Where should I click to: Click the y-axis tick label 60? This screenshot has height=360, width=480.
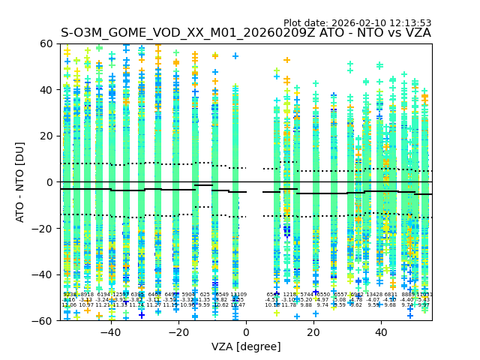pyautogui.click(x=47, y=43)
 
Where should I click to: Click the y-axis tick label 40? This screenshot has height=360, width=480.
pyautogui.click(x=47, y=90)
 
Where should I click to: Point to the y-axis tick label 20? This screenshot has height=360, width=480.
pyautogui.click(x=47, y=136)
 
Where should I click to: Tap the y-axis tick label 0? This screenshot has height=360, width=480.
pyautogui.click(x=50, y=182)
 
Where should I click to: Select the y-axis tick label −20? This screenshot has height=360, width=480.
pyautogui.click(x=44, y=228)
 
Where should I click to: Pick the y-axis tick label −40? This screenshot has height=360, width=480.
pyautogui.click(x=44, y=274)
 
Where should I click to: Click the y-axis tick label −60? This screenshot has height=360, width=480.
pyautogui.click(x=44, y=320)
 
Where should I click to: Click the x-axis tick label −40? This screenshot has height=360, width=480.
pyautogui.click(x=110, y=332)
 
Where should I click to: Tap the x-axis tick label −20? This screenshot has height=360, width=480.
pyautogui.click(x=178, y=332)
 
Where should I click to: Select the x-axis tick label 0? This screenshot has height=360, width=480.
pyautogui.click(x=246, y=332)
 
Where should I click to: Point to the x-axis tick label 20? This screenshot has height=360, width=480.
pyautogui.click(x=313, y=332)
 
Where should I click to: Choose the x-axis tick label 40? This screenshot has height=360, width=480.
pyautogui.click(x=381, y=332)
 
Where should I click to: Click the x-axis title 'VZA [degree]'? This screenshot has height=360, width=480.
pyautogui.click(x=246, y=346)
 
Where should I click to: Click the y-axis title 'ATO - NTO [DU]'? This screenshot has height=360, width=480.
pyautogui.click(x=21, y=182)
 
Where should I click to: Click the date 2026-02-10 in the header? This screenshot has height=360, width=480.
pyautogui.click(x=359, y=23)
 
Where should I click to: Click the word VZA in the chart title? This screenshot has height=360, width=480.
pyautogui.click(x=416, y=33)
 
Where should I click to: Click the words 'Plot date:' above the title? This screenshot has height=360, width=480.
pyautogui.click(x=306, y=23)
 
